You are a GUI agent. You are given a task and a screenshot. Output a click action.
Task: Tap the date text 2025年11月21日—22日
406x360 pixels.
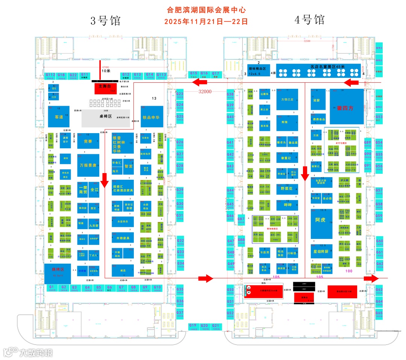206,21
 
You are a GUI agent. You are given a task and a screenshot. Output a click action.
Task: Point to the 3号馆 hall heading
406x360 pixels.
106,21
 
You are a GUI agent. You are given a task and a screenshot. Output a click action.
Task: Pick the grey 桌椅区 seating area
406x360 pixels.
106,116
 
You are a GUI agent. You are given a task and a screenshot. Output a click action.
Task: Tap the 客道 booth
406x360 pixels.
59,117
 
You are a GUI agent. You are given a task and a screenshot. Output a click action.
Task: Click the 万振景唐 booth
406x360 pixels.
88,165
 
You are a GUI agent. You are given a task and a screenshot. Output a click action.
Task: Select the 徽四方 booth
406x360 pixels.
347,107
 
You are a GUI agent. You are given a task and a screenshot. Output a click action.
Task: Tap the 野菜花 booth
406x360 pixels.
287,188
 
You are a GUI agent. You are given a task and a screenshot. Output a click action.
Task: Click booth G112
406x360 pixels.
50,76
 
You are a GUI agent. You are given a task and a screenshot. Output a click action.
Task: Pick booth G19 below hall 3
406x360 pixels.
193,327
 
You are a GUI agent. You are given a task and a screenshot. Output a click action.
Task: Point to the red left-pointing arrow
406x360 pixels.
353,82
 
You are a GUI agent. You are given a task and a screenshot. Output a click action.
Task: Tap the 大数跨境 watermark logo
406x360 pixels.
28,352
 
